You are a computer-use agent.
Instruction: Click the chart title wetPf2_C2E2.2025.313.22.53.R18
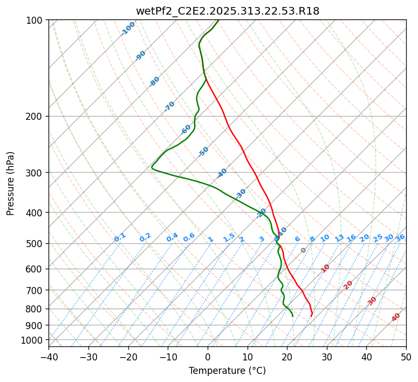[227, 11]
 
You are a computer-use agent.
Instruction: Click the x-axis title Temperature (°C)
[227, 371]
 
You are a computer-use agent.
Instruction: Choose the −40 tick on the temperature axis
[49, 357]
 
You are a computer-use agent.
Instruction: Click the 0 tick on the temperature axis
[208, 357]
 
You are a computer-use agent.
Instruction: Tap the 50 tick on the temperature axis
[406, 357]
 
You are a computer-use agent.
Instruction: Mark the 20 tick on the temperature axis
[287, 357]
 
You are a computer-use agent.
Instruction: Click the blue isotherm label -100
[128, 29]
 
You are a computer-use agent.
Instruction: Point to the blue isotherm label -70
[170, 106]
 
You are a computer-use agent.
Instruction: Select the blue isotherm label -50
[203, 152]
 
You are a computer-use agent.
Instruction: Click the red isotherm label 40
[396, 317]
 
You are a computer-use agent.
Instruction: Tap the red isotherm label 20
[348, 284]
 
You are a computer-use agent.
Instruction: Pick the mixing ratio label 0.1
[120, 237]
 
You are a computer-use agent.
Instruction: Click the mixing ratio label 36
[400, 237]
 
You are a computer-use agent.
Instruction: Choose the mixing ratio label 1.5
[229, 237]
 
